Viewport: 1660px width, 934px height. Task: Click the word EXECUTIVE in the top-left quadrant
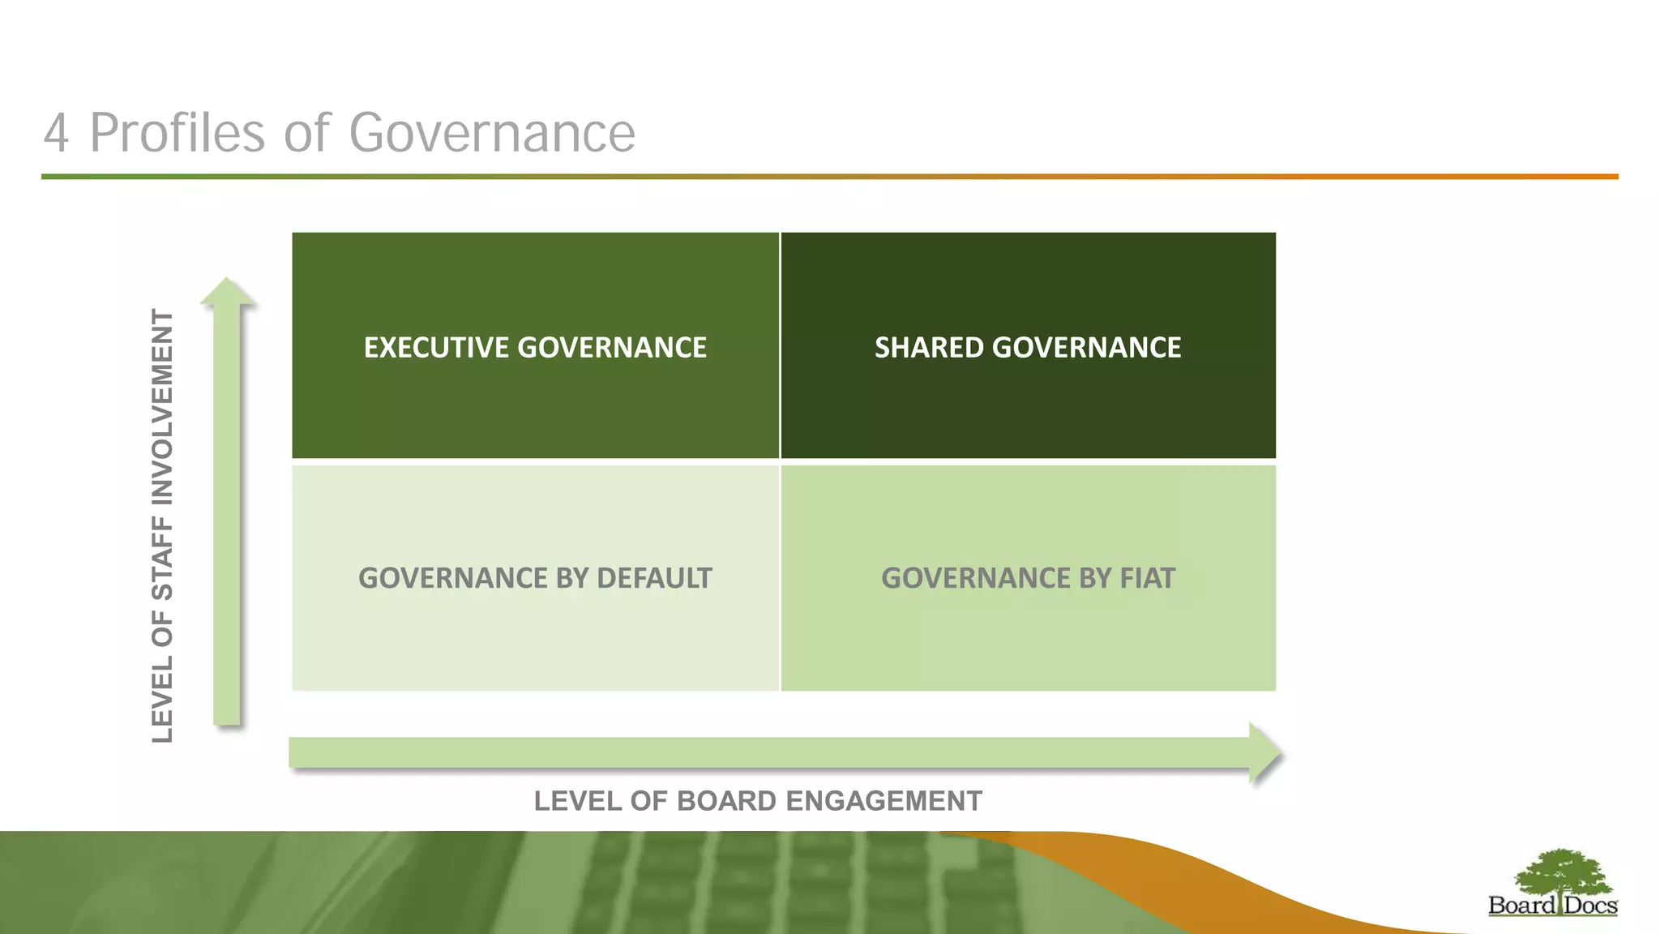pos(436,348)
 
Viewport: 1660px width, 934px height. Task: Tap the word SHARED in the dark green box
pos(929,348)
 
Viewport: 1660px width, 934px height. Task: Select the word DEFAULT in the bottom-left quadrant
pos(653,578)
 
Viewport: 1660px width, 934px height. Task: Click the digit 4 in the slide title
pos(56,133)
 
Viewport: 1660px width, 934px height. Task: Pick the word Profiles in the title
pos(177,133)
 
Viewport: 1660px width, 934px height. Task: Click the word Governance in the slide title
pos(492,133)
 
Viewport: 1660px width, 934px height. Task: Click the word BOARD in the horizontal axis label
pos(726,801)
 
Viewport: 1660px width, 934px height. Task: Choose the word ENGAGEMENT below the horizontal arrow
pos(883,801)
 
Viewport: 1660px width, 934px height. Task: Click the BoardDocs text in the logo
pos(1552,906)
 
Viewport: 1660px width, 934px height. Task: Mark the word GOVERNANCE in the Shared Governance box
pos(1086,348)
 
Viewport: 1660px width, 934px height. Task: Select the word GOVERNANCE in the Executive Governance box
pos(612,348)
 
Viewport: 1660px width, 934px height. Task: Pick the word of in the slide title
pos(306,133)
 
